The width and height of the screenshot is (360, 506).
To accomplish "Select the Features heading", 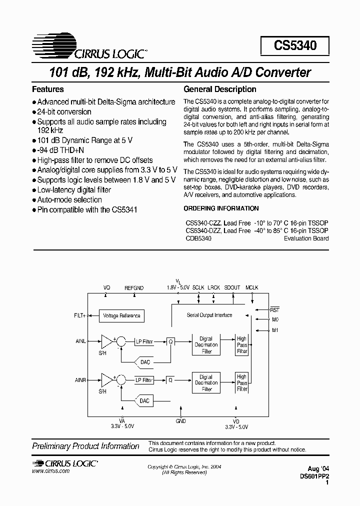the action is click(48, 89).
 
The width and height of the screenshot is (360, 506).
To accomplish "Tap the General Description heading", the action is click(220, 89).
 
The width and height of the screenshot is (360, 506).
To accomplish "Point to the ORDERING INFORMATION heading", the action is click(221, 208).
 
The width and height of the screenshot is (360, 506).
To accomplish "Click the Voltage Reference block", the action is click(121, 315).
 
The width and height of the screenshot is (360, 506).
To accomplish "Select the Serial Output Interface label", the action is click(209, 315).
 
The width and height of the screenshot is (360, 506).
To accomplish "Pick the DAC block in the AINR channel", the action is click(144, 400).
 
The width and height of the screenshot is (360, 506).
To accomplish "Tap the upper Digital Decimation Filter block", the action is click(206, 345).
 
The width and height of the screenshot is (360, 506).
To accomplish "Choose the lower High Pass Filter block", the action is click(242, 383).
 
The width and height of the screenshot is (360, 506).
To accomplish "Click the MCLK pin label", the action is click(252, 288).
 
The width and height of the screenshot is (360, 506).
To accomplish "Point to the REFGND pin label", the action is click(134, 288).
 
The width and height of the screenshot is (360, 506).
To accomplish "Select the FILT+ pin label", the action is click(80, 315).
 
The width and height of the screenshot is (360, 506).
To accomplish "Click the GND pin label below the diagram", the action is click(181, 421).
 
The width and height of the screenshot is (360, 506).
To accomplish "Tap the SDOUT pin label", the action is click(232, 288).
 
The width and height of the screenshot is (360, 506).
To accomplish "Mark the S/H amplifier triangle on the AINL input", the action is click(106, 341).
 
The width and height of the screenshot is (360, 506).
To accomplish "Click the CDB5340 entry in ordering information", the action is click(198, 238).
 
